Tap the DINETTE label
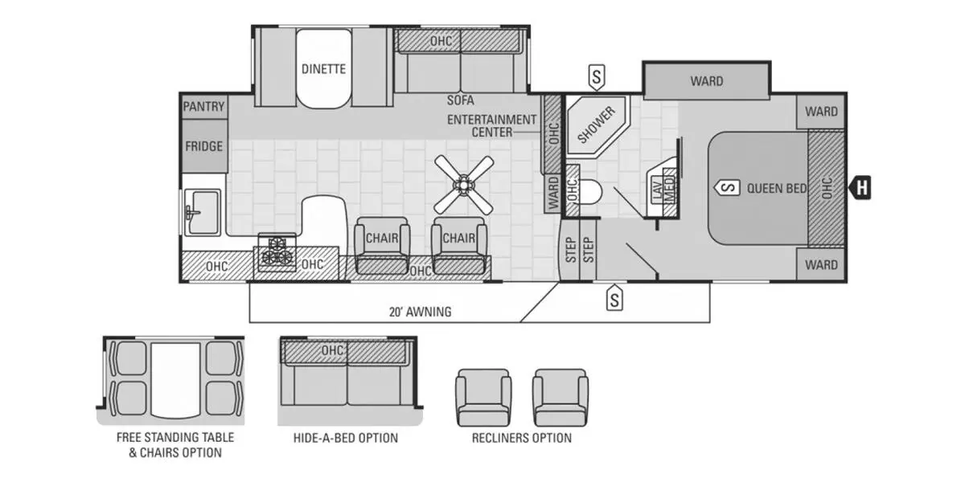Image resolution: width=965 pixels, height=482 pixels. click(x=323, y=69)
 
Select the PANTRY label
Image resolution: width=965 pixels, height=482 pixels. click(x=203, y=107)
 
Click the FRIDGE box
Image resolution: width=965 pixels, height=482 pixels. click(x=203, y=146)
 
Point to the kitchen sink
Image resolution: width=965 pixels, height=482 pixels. click(x=202, y=212)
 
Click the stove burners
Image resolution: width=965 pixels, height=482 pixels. click(x=277, y=251)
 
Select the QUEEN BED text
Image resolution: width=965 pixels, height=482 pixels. click(x=776, y=189)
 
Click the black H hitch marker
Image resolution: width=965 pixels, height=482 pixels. click(x=861, y=188)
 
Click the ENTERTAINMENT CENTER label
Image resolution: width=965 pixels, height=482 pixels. click(x=491, y=125)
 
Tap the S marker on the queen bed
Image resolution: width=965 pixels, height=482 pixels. click(x=726, y=188)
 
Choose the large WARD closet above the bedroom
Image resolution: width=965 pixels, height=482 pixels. click(x=706, y=81)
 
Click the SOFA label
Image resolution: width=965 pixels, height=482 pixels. click(x=461, y=100)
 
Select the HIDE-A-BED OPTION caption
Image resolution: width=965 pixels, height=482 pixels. click(x=345, y=438)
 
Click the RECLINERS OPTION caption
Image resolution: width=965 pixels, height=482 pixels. click(x=521, y=438)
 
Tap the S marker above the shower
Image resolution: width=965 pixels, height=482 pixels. click(x=596, y=77)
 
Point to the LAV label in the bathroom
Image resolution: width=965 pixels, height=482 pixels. click(x=655, y=190)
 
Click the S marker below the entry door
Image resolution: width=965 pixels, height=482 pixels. click(x=614, y=300)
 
